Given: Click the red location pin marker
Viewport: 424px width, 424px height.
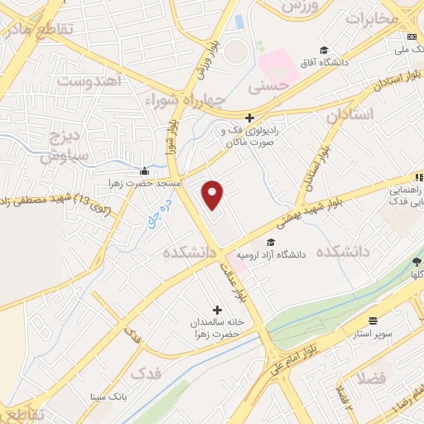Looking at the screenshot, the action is [x=214, y=195].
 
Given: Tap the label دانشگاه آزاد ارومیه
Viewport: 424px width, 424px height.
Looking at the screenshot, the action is [x=272, y=255].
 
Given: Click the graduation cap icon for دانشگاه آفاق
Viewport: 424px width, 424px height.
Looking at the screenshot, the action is [x=324, y=50].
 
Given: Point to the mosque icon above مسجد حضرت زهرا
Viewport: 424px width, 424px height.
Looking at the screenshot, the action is [x=145, y=170].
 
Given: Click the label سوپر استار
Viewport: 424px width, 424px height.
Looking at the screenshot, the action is [x=374, y=333].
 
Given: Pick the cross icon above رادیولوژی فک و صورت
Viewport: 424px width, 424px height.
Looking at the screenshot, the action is [x=249, y=118].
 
